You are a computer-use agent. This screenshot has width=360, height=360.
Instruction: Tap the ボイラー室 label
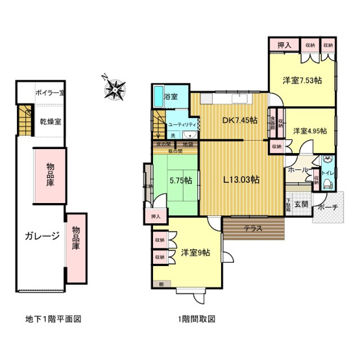pyautogui.click(x=49, y=93)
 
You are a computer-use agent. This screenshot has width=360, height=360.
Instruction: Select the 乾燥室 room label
pyautogui.click(x=50, y=121)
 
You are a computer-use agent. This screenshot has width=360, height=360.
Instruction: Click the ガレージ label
pyautogui.click(x=43, y=235)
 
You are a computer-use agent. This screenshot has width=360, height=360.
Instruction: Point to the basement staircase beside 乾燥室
pyautogui.click(x=25, y=119)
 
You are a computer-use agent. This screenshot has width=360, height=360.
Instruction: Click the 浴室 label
pyautogui.click(x=171, y=97)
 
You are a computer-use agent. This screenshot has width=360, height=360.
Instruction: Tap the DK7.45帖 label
pyautogui.click(x=240, y=121)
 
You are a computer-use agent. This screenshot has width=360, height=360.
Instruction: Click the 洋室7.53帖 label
pyautogui.click(x=303, y=81)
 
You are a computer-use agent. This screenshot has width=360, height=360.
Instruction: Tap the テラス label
pyautogui.click(x=253, y=228)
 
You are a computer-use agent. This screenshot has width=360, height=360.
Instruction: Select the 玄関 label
pyautogui.click(x=300, y=204)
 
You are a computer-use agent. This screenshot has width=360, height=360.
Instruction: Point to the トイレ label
pyautogui.click(x=328, y=173)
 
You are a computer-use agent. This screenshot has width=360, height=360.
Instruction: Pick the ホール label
pyautogui.click(x=297, y=170)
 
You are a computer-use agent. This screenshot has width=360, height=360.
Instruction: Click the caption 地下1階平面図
pyautogui.click(x=53, y=319)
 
